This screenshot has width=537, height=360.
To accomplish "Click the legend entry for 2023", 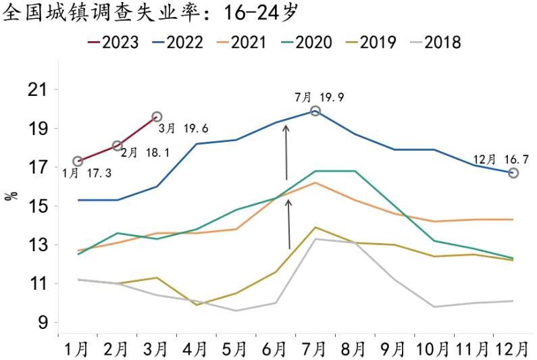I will (113, 43).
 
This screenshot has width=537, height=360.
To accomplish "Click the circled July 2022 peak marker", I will (315, 111).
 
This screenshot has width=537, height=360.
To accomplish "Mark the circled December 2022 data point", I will (513, 173).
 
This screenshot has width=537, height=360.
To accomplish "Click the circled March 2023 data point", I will (157, 117).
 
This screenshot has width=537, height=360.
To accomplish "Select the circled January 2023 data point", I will (78, 161).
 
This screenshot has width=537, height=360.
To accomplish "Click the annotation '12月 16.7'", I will (500, 159).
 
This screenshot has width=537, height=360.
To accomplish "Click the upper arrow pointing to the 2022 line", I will (286, 152).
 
